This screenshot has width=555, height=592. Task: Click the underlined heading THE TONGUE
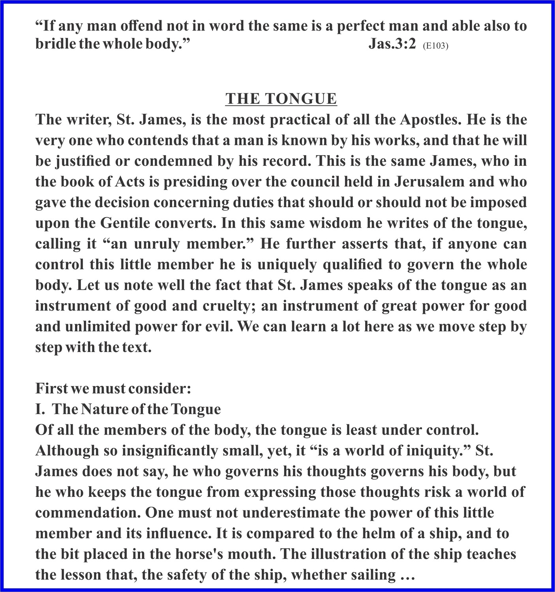(281, 99)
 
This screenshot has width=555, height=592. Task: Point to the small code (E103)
(435, 46)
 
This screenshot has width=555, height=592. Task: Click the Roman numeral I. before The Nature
(40, 409)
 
